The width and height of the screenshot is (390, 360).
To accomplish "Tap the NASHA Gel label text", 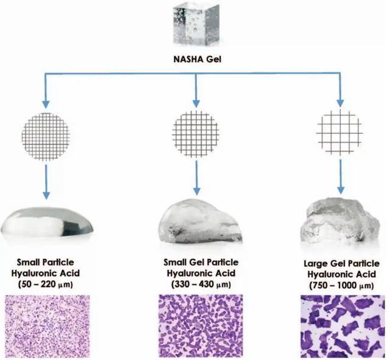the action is point(197,60).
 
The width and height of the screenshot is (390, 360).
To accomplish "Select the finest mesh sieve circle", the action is point(46,136).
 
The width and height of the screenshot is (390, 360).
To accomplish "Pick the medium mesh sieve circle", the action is point(196,134).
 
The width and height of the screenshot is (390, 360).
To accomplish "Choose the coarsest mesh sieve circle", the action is point(340,132).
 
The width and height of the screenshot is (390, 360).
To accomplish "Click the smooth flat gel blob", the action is point(47,222).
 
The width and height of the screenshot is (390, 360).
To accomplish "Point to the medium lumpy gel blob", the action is point(200,221).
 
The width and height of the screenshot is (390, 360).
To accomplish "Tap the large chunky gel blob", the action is point(340,221).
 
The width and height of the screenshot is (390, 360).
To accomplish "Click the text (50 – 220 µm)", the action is point(46,284).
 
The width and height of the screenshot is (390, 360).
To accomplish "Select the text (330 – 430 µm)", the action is point(201,284).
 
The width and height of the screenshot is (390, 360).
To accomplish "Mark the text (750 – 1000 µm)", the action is point(342,286).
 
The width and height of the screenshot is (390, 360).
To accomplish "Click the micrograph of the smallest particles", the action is point(48,326).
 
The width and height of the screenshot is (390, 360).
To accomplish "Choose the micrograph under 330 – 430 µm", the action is point(200,326).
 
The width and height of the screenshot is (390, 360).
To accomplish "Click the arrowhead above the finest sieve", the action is point(46,104).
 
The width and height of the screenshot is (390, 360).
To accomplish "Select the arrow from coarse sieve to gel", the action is point(341,177).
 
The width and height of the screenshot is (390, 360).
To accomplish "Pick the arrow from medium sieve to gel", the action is point(196,178).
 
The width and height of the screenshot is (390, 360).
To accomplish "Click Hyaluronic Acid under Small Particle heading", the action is point(46,274).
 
